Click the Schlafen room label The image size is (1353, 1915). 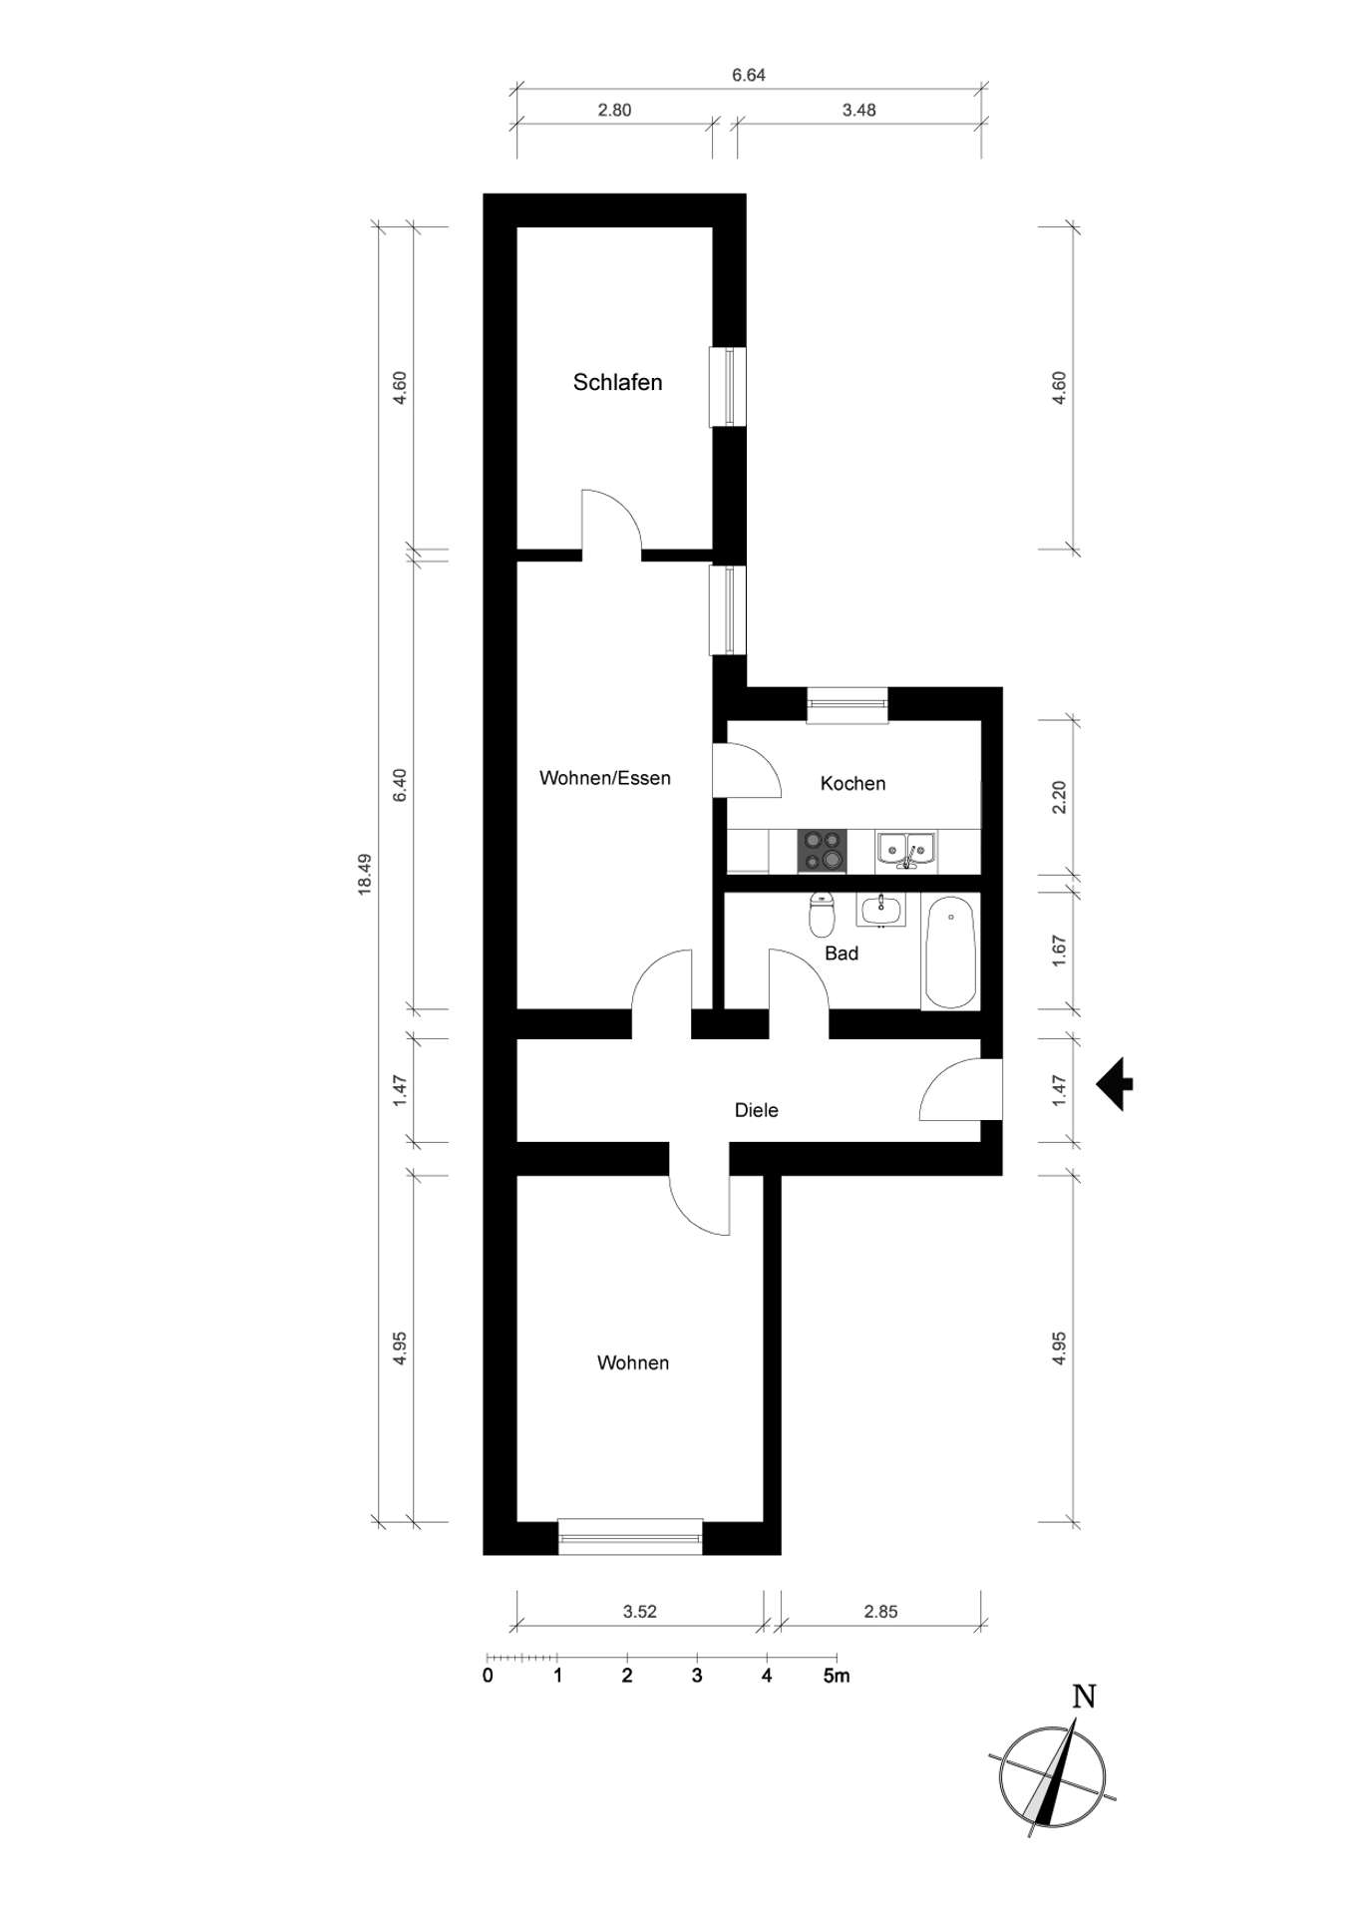tap(617, 382)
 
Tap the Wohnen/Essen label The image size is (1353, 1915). tap(605, 778)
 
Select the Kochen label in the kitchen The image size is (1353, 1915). tap(852, 783)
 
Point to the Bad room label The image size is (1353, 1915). tap(842, 954)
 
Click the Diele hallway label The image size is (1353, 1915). tap(756, 1110)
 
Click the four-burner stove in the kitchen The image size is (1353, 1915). tap(822, 851)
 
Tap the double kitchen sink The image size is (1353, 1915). tap(906, 850)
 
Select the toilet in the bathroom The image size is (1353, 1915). tap(821, 914)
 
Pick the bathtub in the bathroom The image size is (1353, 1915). tap(950, 953)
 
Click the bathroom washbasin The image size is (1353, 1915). tap(880, 910)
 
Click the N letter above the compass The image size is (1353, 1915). tap(1084, 1696)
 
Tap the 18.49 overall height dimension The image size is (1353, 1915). tap(365, 874)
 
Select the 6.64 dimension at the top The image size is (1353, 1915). tap(749, 75)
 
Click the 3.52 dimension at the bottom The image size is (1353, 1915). tap(640, 1611)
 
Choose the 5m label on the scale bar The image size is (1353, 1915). tap(837, 1676)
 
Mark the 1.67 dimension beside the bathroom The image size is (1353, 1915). tap(1059, 950)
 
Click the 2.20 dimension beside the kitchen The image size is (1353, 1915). tap(1059, 797)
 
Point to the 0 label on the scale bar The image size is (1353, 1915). tap(488, 1676)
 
